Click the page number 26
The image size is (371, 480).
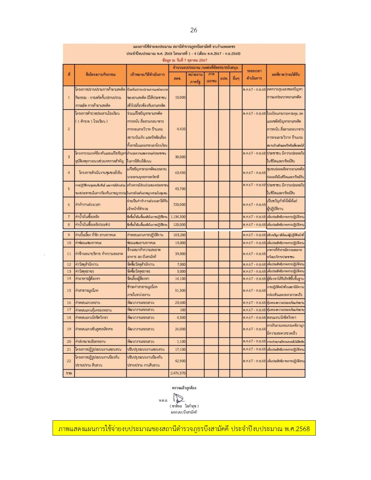tap(194, 30)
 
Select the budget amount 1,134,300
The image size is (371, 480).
tap(178, 217)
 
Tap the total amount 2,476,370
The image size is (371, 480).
tap(178, 373)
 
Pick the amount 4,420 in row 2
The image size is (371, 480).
tap(181, 129)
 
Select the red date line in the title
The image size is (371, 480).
tap(184, 60)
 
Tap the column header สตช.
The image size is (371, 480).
tap(177, 78)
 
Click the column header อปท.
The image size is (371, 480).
tap(224, 78)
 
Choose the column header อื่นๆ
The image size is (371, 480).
tap(236, 78)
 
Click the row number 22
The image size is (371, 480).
tap(69, 361)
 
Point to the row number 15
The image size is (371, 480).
tap(69, 290)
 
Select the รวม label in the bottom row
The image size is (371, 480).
tap(69, 373)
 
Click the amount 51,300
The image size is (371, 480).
tap(180, 290)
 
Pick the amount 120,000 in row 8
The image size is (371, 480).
tap(179, 225)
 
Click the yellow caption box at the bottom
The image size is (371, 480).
tap(184, 428)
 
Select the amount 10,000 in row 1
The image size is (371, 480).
tap(180, 97)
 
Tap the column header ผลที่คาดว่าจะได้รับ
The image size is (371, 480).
tap(285, 74)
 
